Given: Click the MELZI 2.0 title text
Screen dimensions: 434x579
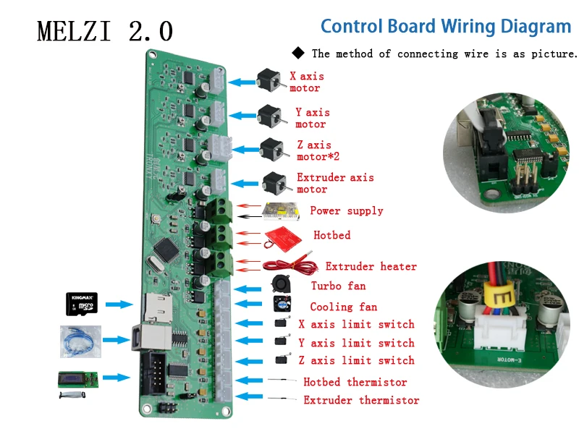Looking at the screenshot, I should click(x=105, y=31).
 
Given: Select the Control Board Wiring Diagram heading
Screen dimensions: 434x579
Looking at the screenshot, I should click(x=446, y=27).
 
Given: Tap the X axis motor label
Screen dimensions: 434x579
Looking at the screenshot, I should click(x=306, y=82).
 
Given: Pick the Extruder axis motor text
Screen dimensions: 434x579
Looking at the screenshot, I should click(x=335, y=183).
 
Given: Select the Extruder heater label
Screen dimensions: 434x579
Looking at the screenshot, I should click(x=371, y=267).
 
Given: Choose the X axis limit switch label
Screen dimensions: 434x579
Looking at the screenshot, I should click(x=356, y=324).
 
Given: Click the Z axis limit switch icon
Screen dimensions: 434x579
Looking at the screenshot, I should click(x=281, y=359).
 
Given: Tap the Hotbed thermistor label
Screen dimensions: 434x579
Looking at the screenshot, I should click(x=355, y=382).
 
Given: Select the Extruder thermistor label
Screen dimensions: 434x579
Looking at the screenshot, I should click(x=360, y=400).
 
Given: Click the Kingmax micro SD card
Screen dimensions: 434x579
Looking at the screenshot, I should click(x=82, y=303).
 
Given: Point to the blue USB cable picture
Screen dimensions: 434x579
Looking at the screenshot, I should click(x=81, y=341).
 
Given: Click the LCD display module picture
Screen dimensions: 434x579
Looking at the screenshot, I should click(x=77, y=378).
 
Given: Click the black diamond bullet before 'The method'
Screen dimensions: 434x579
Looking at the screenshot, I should click(x=299, y=53).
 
